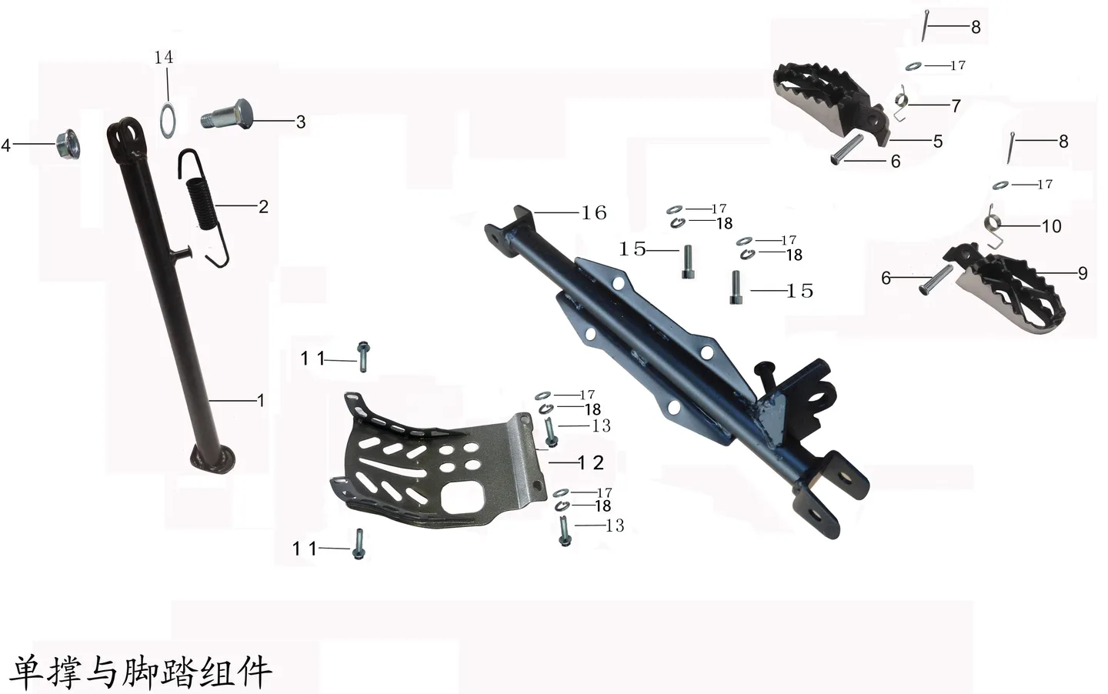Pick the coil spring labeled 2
pyautogui.click(x=202, y=208)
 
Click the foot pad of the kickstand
pyautogui.click(x=213, y=459)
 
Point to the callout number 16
pyautogui.click(x=594, y=213)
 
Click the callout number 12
pyautogui.click(x=591, y=462)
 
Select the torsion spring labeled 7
pyautogui.click(x=901, y=103)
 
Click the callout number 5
pyautogui.click(x=938, y=142)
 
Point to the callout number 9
pyautogui.click(x=1083, y=273)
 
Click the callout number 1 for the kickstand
pyautogui.click(x=261, y=400)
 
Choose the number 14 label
pyautogui.click(x=164, y=58)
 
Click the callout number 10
pyautogui.click(x=1052, y=226)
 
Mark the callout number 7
pyautogui.click(x=956, y=105)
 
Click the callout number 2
pyautogui.click(x=264, y=206)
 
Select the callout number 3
pyautogui.click(x=301, y=122)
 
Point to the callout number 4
pyautogui.click(x=6, y=145)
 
